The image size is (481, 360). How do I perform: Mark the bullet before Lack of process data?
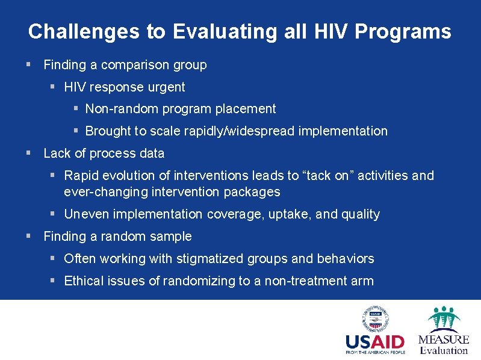coord(29,154)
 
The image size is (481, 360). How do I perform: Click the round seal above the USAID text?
coord(375,319)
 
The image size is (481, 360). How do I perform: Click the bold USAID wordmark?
coord(375,342)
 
